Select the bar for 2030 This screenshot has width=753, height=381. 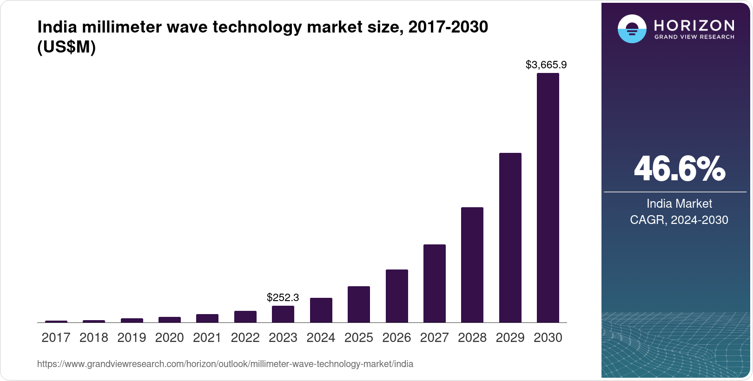[548, 197]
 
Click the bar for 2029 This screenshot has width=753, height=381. [510, 237]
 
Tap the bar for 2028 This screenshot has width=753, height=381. [472, 265]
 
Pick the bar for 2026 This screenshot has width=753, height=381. [396, 296]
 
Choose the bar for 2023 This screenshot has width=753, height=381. [283, 314]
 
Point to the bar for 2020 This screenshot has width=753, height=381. [169, 320]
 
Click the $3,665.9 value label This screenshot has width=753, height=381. [546, 65]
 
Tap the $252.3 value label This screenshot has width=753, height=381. [283, 297]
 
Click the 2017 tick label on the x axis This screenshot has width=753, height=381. [56, 337]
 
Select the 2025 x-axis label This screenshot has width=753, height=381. [358, 337]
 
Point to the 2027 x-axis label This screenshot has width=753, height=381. [434, 337]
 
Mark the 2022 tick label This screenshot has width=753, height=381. [245, 337]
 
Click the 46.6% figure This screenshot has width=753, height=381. [679, 169]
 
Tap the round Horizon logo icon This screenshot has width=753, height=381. [632, 29]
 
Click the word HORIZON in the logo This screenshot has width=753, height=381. [694, 25]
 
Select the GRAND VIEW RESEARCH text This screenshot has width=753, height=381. [694, 37]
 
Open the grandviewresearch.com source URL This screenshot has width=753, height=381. [225, 364]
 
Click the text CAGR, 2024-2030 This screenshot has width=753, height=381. [679, 220]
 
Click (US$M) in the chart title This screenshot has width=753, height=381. [66, 47]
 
